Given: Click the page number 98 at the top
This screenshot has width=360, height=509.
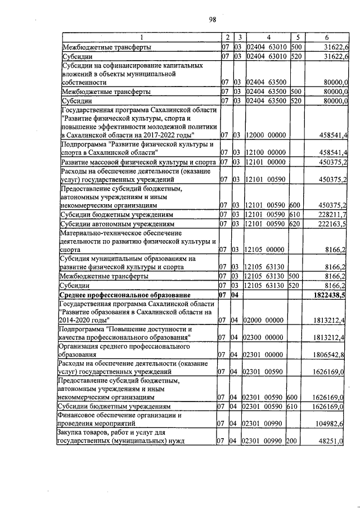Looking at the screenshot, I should tap(213, 20).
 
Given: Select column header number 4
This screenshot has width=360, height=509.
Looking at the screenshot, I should tap(265, 38).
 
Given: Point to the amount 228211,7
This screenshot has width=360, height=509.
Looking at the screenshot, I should tap(333, 215).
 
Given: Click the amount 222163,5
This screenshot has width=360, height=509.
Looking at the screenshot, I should tap(333, 224).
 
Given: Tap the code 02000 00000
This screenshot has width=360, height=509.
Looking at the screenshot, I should tap(265, 320).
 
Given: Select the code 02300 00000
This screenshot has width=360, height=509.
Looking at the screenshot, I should tap(265, 337).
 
